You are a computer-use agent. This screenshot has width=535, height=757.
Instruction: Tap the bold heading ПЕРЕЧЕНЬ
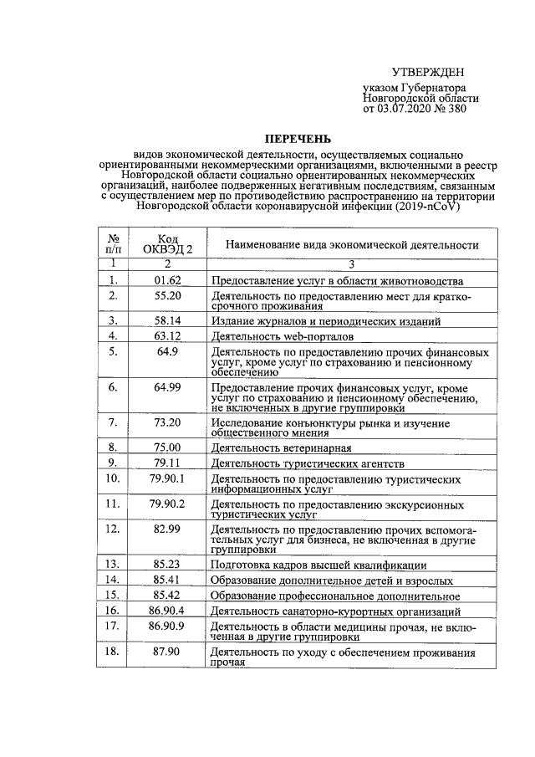tap(298, 138)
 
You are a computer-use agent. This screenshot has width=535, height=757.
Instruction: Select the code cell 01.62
tap(167, 280)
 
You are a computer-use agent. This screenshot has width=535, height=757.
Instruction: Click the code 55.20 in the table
tap(167, 296)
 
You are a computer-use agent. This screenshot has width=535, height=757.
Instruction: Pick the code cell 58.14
tap(167, 320)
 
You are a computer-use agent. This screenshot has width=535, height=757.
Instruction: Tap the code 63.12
tap(167, 336)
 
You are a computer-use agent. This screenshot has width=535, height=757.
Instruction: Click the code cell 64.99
tap(167, 388)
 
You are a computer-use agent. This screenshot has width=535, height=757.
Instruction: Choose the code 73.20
tap(167, 422)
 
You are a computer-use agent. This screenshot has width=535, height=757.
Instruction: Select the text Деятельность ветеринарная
tap(280, 448)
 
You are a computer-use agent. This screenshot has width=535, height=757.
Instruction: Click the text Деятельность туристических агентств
tap(308, 463)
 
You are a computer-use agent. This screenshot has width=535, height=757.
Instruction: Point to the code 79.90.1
tap(167, 478)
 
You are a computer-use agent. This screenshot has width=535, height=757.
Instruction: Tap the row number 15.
tap(112, 595)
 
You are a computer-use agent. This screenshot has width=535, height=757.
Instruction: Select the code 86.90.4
tap(167, 611)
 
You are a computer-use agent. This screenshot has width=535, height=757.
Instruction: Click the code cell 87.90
tap(167, 651)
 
